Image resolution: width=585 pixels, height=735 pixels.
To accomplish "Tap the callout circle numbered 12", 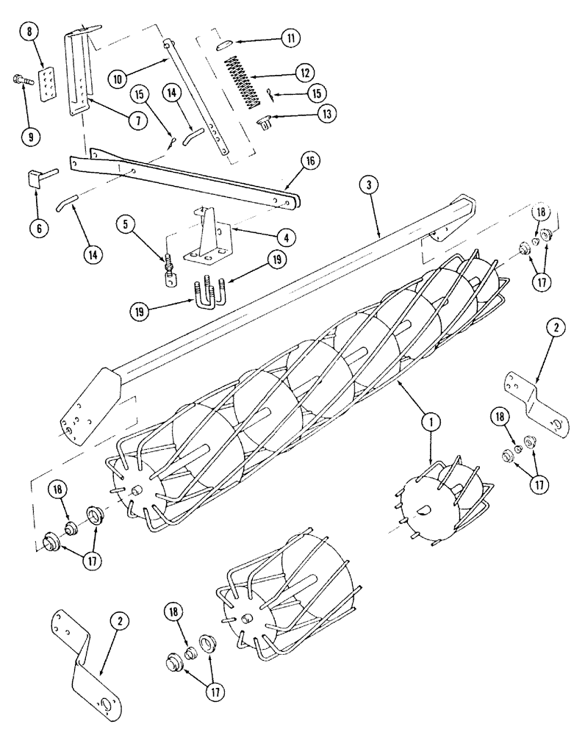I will pos(302,72).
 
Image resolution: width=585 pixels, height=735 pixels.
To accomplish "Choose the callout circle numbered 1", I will pos(431,421).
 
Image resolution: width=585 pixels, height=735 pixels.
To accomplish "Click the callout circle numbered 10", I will pos(121,76).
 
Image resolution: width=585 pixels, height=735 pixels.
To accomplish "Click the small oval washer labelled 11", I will pos(224,46).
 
